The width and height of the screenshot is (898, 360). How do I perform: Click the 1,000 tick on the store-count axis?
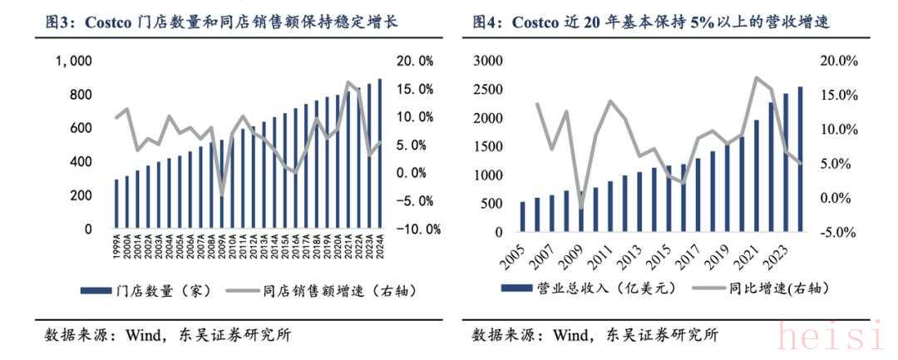point(73,62)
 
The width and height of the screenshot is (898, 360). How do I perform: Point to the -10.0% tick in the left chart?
point(417,229)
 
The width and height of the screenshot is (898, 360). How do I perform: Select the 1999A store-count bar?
point(116,204)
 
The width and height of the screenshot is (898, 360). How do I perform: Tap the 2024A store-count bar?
point(380,154)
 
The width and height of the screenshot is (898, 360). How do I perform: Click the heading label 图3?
point(60,22)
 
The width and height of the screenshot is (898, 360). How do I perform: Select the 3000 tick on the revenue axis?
point(487,61)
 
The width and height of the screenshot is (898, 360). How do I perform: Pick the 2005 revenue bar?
point(522,216)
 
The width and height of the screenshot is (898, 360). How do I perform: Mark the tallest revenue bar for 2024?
point(799,158)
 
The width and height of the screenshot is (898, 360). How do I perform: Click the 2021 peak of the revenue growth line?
point(756,78)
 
